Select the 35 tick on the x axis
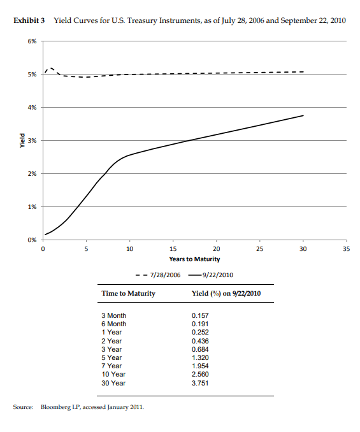[x=347, y=248]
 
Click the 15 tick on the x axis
[x=173, y=248]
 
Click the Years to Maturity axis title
[x=194, y=259]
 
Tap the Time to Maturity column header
[x=128, y=294]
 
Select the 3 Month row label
[x=114, y=315]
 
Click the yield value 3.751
[x=200, y=383]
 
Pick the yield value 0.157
[x=200, y=315]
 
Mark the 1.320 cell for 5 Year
[x=200, y=358]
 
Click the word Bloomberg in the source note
[x=55, y=406]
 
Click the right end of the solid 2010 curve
[x=303, y=115]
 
